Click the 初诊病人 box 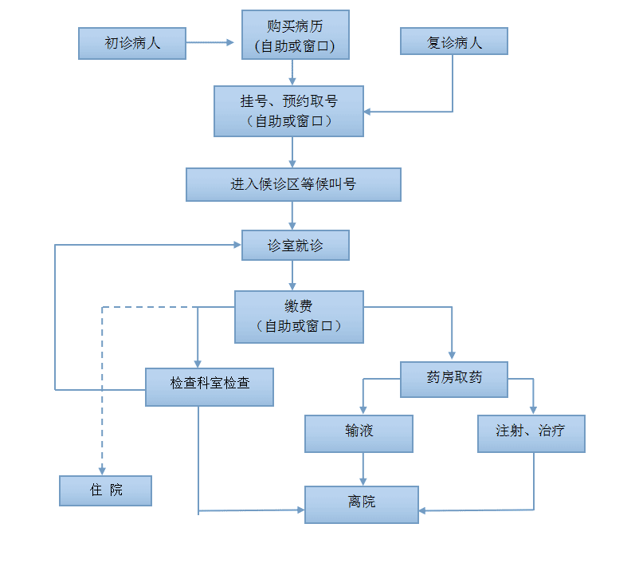(132, 43)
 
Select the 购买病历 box (296, 34)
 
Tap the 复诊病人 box (454, 41)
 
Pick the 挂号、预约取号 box (288, 111)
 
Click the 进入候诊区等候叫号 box (293, 184)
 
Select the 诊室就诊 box (296, 246)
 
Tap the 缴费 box (299, 317)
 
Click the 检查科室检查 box (210, 386)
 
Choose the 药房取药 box (454, 379)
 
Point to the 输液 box (359, 433)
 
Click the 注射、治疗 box (531, 433)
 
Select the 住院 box (105, 490)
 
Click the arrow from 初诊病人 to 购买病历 (214, 43)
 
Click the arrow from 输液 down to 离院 (363, 469)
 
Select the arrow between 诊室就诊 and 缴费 (293, 275)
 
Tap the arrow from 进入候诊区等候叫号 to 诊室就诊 (293, 215)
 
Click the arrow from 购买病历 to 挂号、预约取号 (293, 73)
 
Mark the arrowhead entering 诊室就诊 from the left (237, 245)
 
